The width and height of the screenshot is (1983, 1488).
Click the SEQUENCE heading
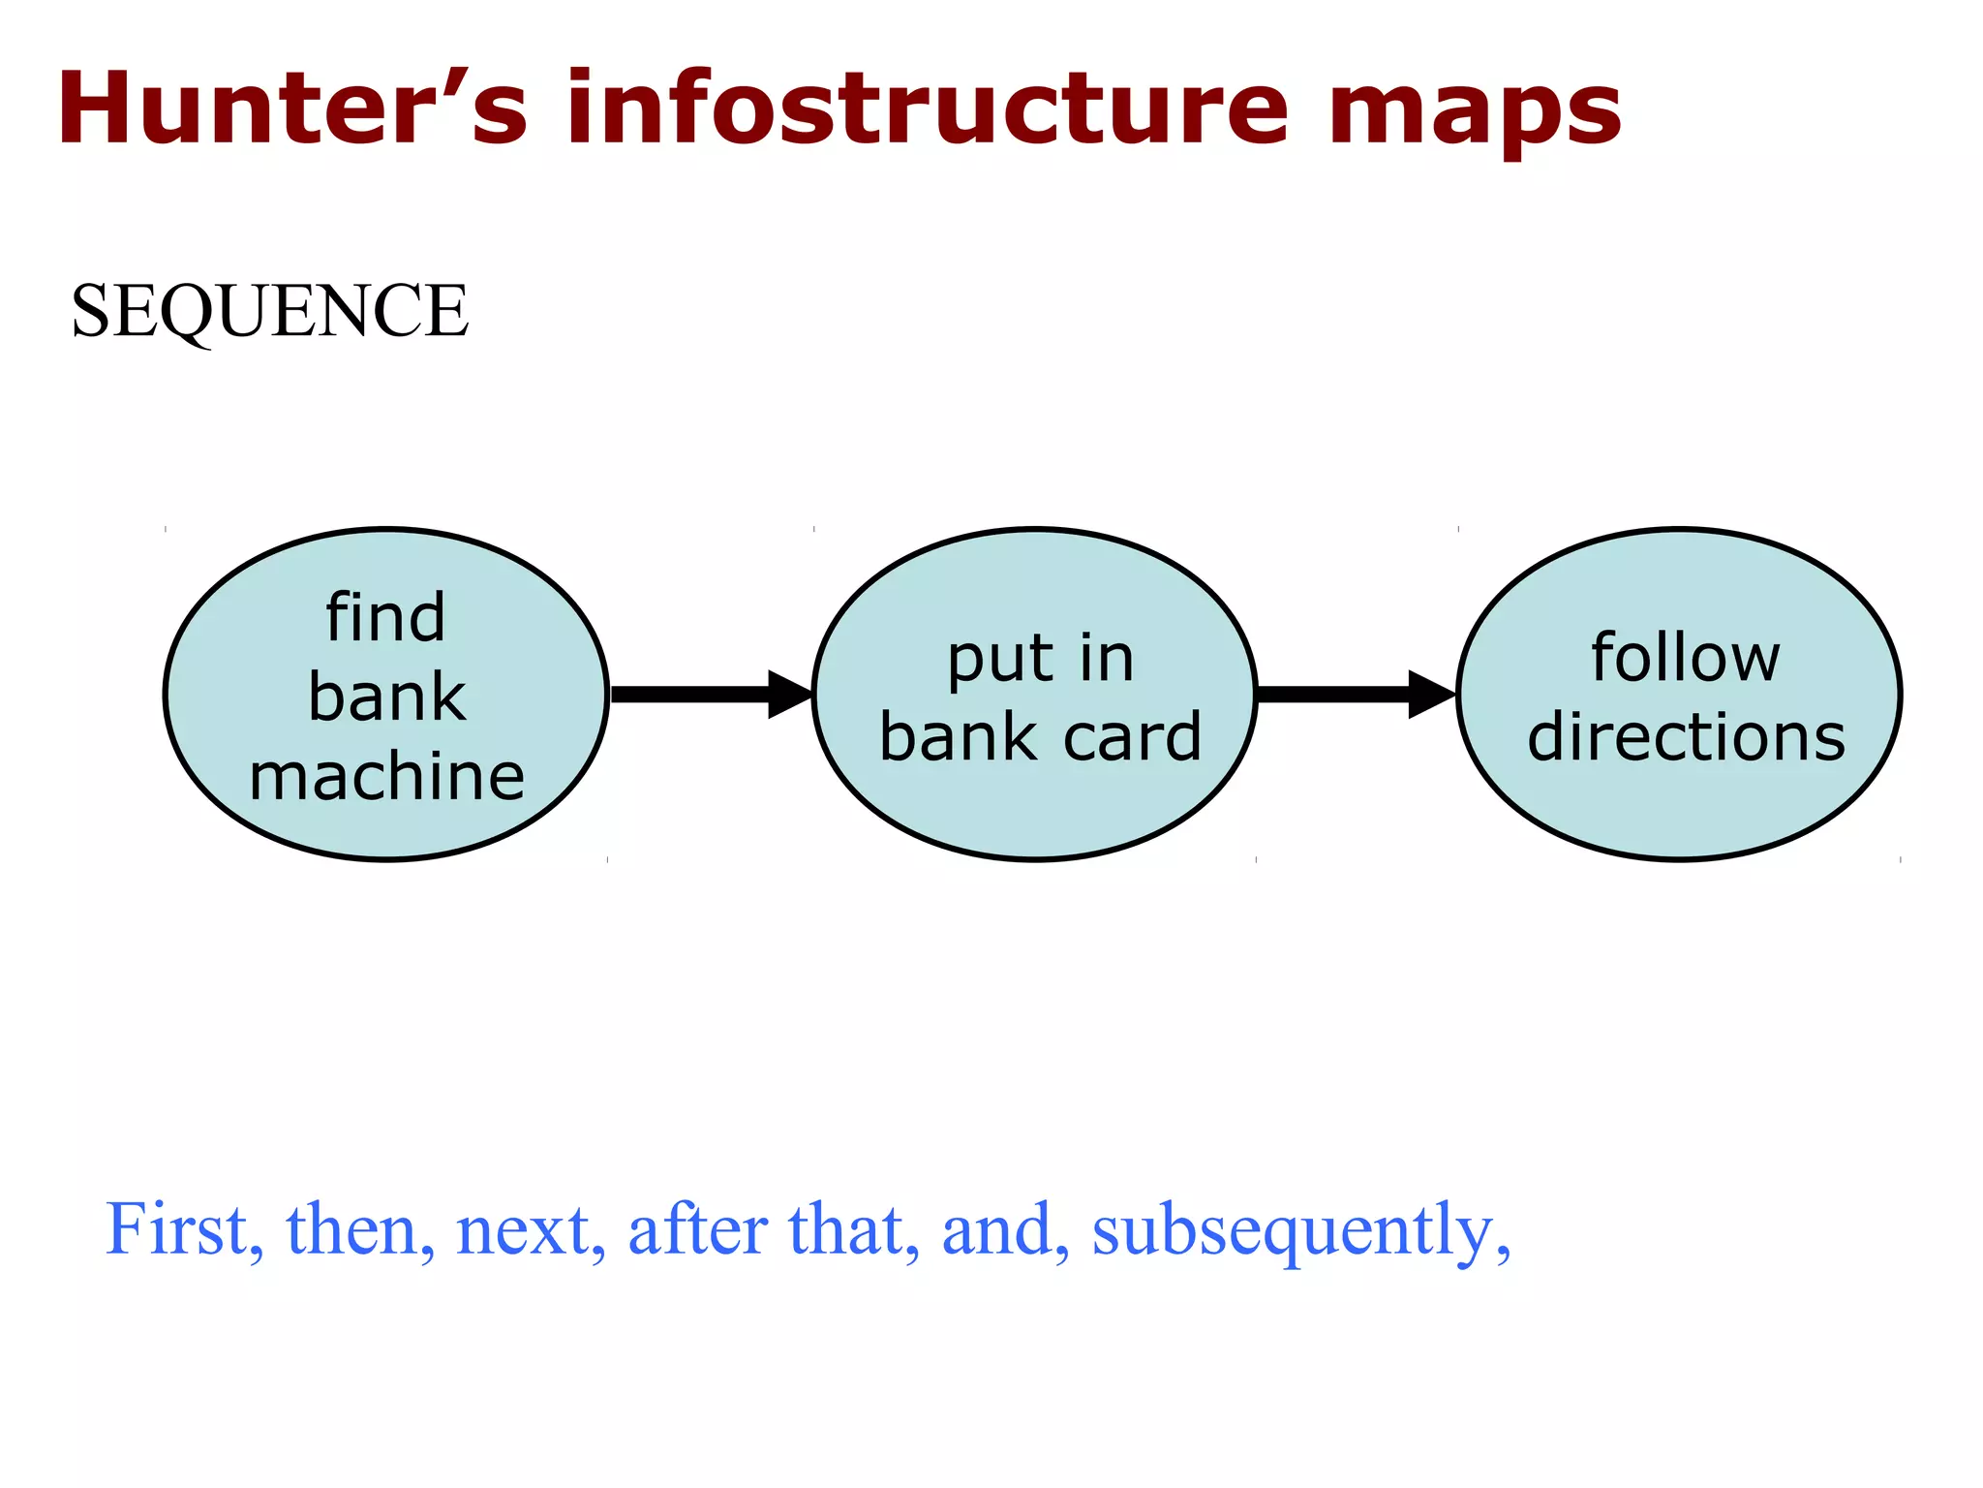tap(269, 311)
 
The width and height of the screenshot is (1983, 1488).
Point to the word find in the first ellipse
tap(385, 617)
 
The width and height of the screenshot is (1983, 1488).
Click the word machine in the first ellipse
tap(386, 776)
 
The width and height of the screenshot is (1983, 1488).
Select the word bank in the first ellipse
tap(386, 697)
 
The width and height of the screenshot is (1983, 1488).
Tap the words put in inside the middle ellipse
tap(1040, 661)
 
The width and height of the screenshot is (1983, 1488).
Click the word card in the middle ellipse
tap(1132, 737)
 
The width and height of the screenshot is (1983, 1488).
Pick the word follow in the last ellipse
tap(1685, 658)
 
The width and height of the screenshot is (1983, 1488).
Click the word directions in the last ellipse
tap(1686, 737)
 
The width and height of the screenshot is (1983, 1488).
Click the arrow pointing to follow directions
tap(1355, 694)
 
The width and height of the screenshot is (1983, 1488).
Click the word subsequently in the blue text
tap(1298, 1230)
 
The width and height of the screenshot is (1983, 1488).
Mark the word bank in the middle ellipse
tap(958, 737)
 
